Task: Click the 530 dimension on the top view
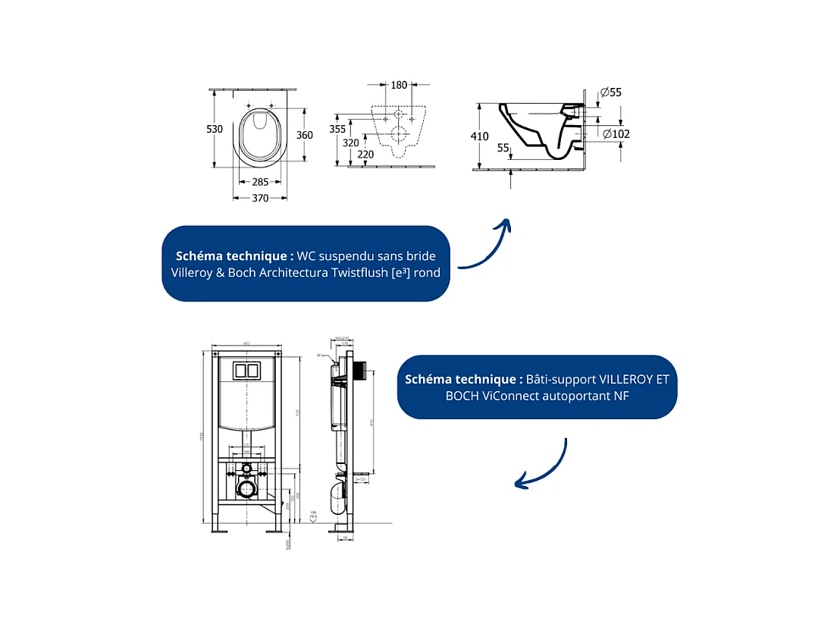215,130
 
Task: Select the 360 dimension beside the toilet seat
304,135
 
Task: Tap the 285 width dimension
259,182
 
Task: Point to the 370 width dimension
260,198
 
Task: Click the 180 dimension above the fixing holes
399,85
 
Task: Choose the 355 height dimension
337,130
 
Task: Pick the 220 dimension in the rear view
365,154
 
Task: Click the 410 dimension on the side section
479,136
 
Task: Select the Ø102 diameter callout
616,134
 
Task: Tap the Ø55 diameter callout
610,92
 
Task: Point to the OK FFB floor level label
312,515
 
